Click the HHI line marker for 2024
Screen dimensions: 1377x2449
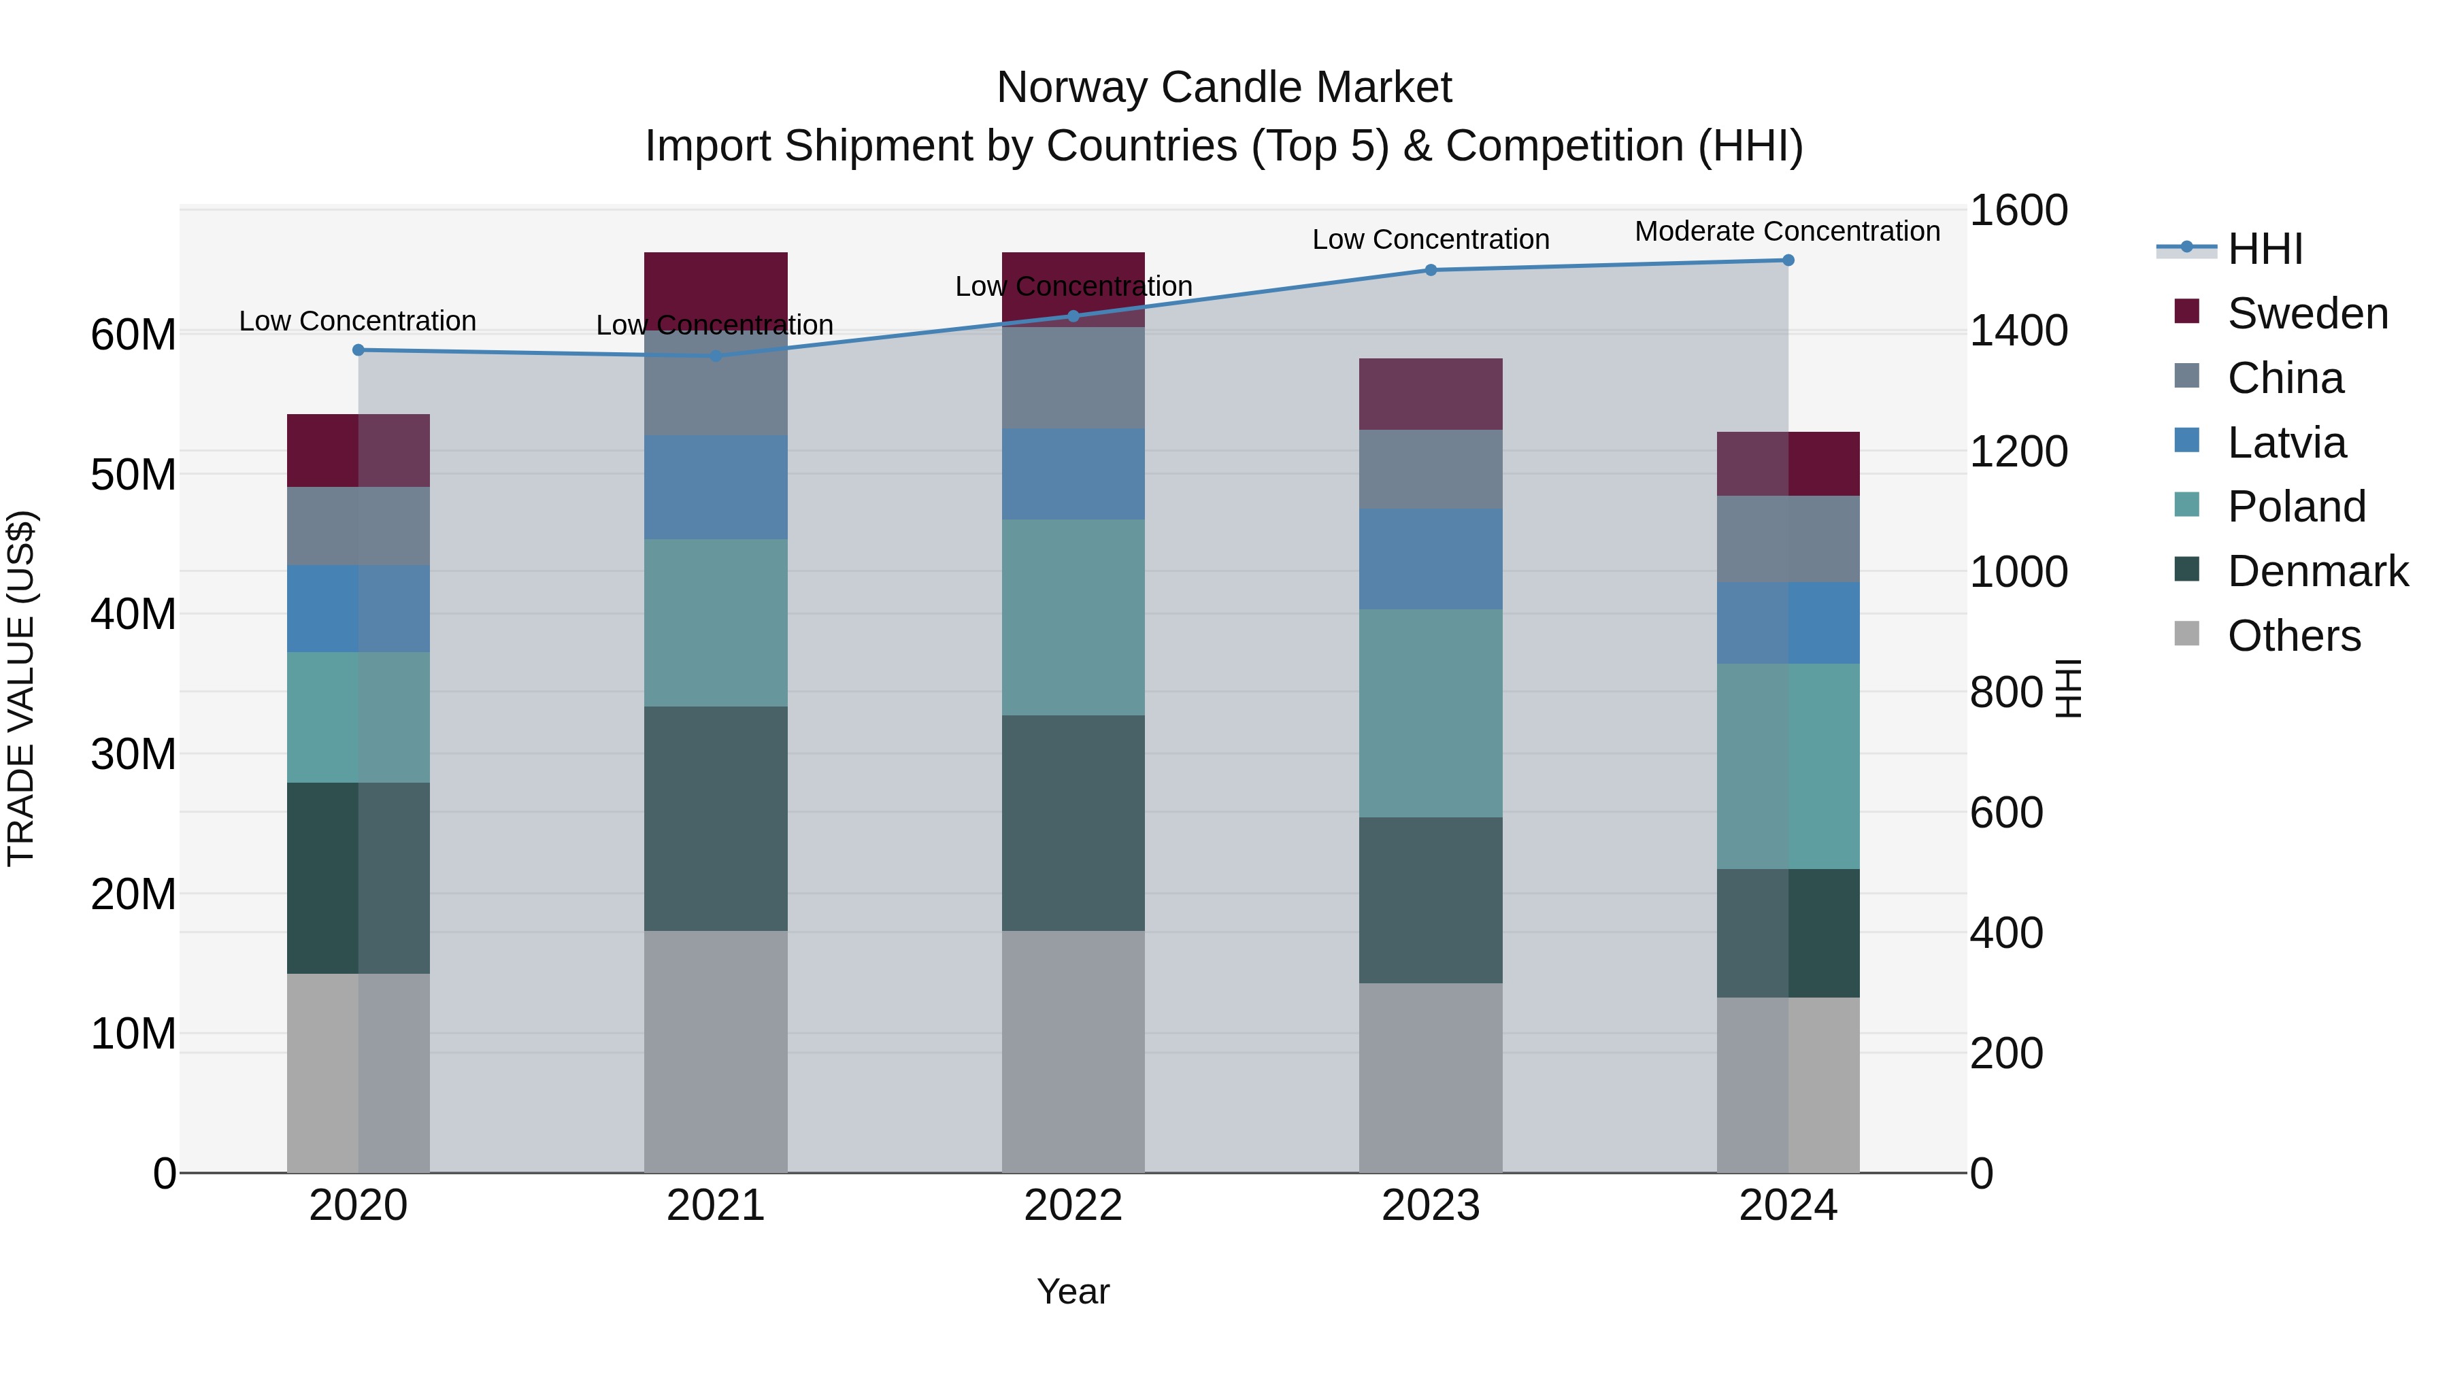(x=1787, y=260)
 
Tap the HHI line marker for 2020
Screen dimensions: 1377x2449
(x=359, y=350)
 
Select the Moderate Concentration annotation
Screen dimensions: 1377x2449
(x=1786, y=231)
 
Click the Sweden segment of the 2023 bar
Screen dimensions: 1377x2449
(x=1430, y=394)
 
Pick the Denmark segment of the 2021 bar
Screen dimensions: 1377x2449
(x=715, y=817)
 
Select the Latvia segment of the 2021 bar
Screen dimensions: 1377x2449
(x=715, y=487)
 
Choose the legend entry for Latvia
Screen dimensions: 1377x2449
(x=2286, y=442)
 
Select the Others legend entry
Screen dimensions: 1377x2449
(x=2293, y=635)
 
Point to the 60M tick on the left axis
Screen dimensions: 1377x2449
(x=133, y=335)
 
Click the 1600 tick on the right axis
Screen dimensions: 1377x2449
(x=2018, y=210)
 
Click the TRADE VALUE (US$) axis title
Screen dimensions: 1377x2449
(x=21, y=688)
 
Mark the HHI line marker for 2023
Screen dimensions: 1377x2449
(x=1430, y=270)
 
